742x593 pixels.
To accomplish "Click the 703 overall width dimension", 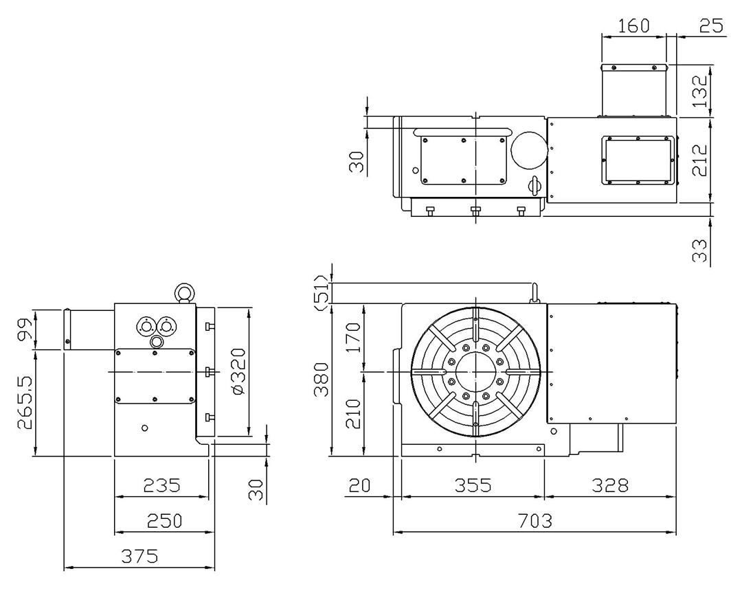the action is (535, 521).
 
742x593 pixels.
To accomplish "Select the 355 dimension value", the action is (473, 485).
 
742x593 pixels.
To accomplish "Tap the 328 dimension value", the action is (610, 485).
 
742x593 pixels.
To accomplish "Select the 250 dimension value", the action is (164, 521).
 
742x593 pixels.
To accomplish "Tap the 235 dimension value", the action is (162, 485).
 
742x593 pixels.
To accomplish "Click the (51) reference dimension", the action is (322, 293).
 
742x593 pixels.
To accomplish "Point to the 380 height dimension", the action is (322, 380).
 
